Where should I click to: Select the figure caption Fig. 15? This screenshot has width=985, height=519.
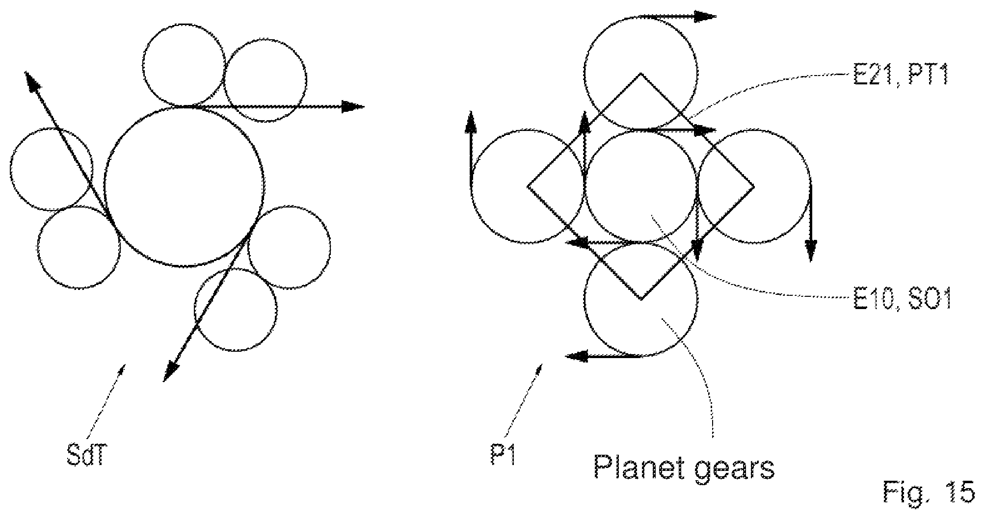pyautogui.click(x=929, y=493)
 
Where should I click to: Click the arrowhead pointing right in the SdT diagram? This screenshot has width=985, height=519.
pyautogui.click(x=353, y=106)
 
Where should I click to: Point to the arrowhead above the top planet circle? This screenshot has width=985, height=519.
pyautogui.click(x=706, y=17)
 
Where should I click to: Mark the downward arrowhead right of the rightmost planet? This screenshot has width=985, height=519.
pyautogui.click(x=810, y=250)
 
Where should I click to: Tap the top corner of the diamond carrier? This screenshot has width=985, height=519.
pyautogui.click(x=641, y=74)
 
